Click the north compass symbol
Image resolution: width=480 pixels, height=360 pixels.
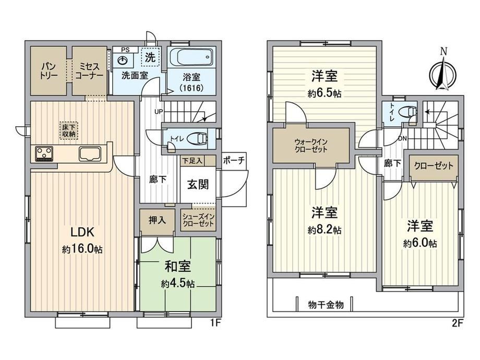[443, 74]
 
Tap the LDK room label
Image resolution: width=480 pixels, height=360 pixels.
[82, 232]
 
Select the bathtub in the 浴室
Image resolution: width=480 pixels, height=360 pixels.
[192, 57]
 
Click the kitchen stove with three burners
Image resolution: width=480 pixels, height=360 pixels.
[44, 153]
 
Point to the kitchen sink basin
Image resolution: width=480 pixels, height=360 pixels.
[90, 154]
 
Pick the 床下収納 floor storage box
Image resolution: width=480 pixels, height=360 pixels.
[69, 131]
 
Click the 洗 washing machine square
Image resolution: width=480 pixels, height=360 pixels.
[150, 57]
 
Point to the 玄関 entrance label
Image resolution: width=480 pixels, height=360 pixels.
[198, 184]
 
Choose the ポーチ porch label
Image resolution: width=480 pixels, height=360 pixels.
[234, 160]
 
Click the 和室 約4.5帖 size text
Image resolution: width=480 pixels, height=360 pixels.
[178, 283]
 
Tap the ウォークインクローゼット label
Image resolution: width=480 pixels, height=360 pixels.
[311, 146]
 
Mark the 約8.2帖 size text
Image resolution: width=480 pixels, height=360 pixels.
[325, 230]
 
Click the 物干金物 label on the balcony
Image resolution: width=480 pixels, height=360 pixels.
[326, 305]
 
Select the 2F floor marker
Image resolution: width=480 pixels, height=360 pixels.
[457, 323]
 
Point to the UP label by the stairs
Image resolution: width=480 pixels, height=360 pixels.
[159, 112]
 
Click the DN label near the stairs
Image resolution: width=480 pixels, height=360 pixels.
[402, 139]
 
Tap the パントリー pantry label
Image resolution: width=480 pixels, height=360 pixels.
[49, 71]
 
